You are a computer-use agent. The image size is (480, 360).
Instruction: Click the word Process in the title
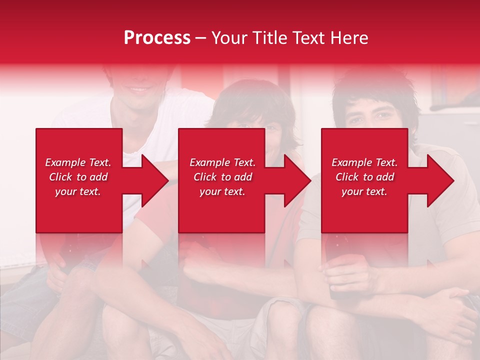157,38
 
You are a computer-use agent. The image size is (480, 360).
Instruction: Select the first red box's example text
78,177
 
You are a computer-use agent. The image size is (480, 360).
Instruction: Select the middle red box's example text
222,177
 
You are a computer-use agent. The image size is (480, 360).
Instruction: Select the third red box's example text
364,177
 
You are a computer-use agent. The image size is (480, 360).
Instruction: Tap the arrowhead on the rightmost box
439,180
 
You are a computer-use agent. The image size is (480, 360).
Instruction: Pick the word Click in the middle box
204,177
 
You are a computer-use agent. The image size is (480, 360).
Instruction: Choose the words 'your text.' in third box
364,191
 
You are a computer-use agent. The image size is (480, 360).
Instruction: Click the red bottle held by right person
333,260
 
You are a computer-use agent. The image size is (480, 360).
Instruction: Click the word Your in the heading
229,38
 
